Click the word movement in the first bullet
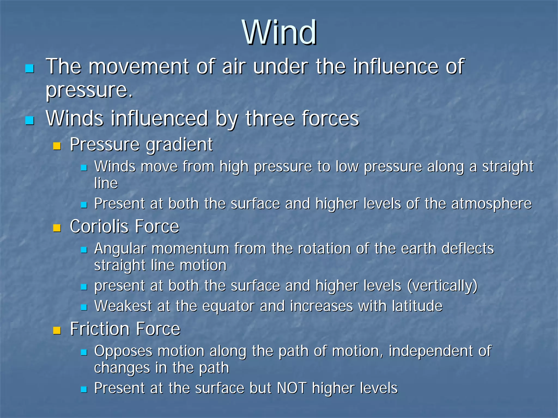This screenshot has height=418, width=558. click(138, 67)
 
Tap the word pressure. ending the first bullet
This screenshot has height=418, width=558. click(89, 90)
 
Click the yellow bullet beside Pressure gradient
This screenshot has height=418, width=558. click(57, 146)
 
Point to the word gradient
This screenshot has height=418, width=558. click(179, 145)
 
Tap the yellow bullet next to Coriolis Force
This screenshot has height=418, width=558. click(57, 228)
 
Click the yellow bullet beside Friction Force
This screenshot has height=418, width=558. click(57, 330)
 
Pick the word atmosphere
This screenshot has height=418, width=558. click(491, 204)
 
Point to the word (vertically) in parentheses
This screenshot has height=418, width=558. click(442, 286)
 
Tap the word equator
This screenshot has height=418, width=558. click(228, 306)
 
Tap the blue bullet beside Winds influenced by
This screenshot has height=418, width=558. click(29, 120)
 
